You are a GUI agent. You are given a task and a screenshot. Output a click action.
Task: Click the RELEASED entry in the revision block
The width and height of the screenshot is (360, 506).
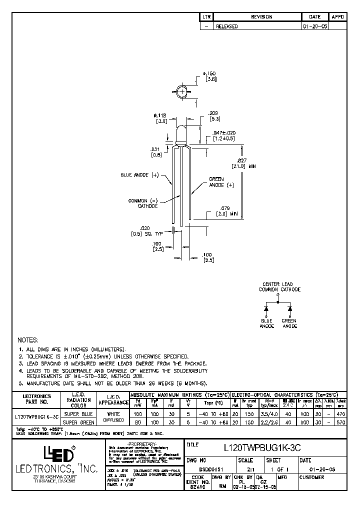(226, 26)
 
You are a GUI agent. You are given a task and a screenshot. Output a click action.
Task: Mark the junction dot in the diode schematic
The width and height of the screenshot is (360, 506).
(278, 302)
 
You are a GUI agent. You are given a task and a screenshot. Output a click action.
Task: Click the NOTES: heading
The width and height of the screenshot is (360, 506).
(28, 339)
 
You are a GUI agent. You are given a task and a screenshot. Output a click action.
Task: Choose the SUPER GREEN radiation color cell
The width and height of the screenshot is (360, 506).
(78, 423)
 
